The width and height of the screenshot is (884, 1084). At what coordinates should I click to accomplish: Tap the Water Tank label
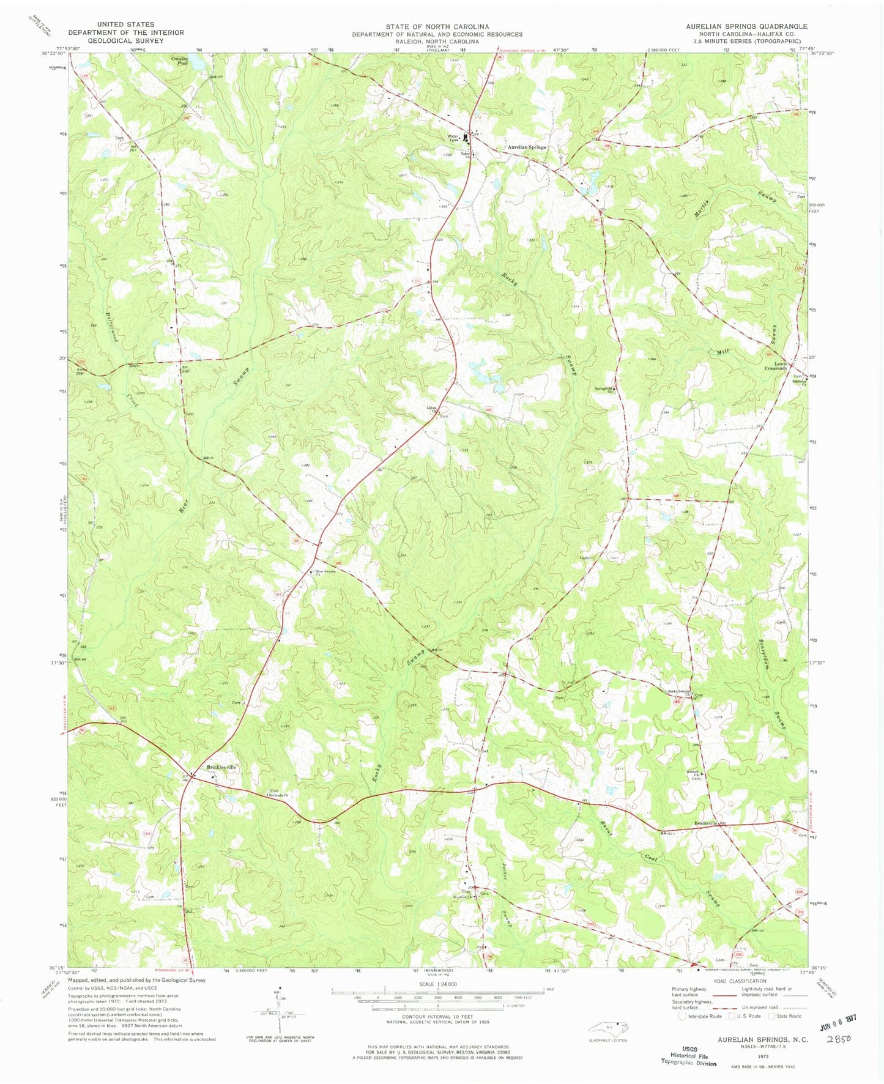pos(453,138)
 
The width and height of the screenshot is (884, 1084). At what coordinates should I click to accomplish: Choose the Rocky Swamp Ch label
pos(679,692)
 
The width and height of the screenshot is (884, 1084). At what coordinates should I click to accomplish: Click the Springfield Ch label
pos(603,389)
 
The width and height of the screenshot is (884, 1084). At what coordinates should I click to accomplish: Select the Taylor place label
pos(585,557)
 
